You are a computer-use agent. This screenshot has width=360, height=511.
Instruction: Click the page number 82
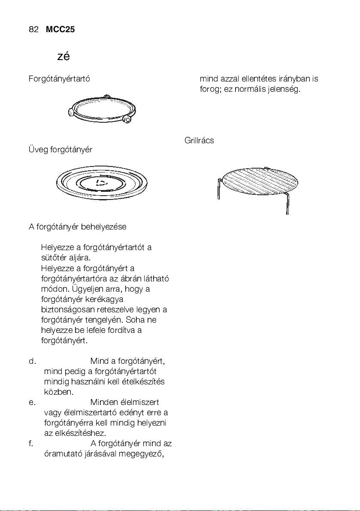click(x=34, y=30)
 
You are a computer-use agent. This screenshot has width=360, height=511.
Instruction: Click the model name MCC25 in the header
click(x=60, y=30)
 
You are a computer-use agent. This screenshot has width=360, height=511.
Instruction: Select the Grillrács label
click(x=199, y=141)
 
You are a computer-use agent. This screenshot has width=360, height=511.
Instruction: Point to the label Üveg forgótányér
click(x=60, y=150)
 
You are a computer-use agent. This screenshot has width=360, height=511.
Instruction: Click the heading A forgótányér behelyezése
click(x=77, y=227)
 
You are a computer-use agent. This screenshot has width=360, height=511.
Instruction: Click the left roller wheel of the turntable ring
click(x=71, y=112)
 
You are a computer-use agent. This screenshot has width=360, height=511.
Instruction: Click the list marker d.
click(x=32, y=361)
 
